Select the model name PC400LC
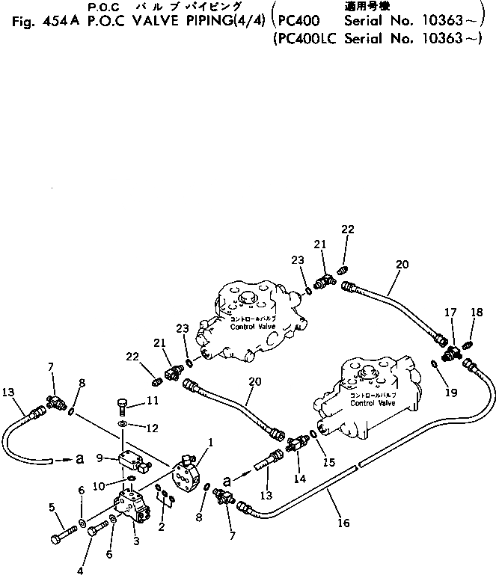[x=306, y=43]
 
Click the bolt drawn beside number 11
[x=123, y=406]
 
